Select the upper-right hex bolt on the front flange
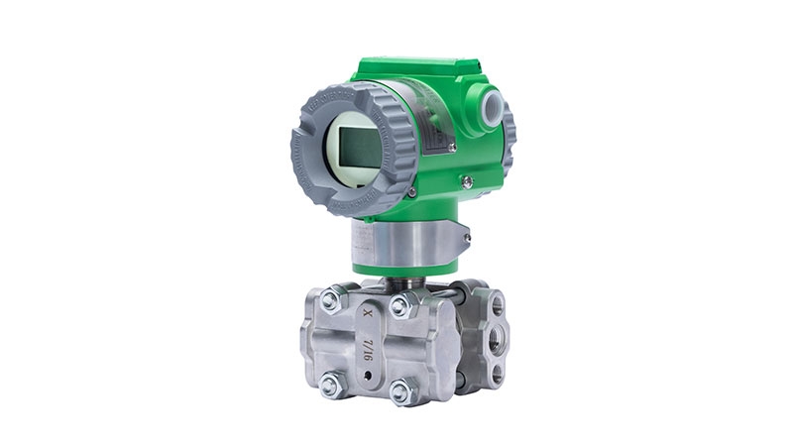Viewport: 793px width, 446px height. [399, 306]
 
